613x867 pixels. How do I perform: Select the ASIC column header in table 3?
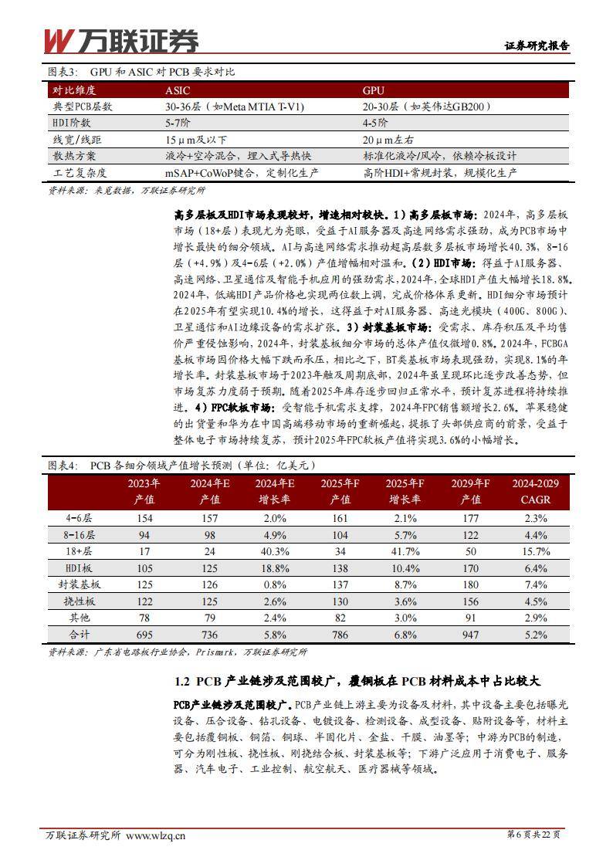click(178, 90)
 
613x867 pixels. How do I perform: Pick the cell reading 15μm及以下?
click(197, 140)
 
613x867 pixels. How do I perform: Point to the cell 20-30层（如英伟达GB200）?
click(427, 107)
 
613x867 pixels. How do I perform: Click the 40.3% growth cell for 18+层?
click(276, 552)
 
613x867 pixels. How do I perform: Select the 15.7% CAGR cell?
click(531, 552)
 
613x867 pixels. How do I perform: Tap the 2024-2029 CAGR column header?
click(531, 492)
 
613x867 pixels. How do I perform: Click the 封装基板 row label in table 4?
click(78, 585)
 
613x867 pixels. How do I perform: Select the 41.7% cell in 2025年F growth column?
click(405, 552)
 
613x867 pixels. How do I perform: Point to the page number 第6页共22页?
click(532, 835)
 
